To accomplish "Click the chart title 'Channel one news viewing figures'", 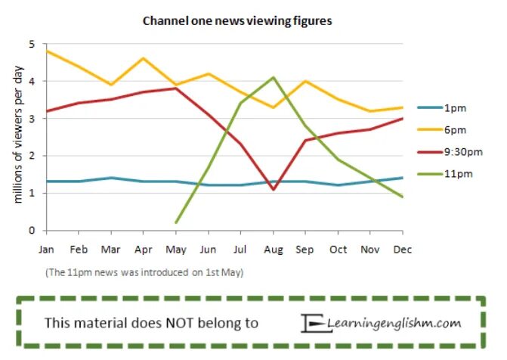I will click(237, 21).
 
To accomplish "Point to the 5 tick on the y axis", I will click(32, 44).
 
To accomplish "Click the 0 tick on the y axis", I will click(32, 230).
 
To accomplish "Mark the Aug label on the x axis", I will click(273, 248).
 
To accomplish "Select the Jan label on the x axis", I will click(47, 248).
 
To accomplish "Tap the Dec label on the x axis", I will click(403, 248).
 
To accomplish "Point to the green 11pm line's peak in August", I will click(274, 77).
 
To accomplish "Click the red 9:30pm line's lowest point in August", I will click(274, 189).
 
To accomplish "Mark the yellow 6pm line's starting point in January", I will click(47, 51).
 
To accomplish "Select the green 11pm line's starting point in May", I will click(176, 222).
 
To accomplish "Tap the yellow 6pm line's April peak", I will click(144, 58).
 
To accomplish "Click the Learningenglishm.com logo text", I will click(394, 323).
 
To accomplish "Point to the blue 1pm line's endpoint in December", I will click(403, 178).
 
